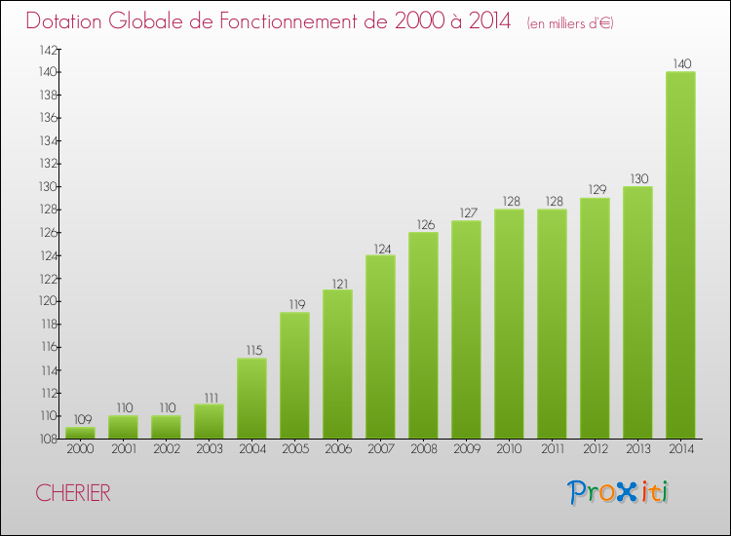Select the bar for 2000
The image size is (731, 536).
(x=80, y=433)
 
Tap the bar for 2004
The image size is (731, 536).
(x=251, y=398)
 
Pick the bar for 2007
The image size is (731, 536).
(x=380, y=347)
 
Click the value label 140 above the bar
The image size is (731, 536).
(x=680, y=64)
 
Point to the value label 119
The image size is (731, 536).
(x=294, y=304)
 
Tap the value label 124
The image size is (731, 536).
(x=380, y=248)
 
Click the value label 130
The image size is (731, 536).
(x=637, y=178)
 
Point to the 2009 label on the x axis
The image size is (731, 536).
(x=466, y=449)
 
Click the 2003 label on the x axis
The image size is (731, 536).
(x=209, y=449)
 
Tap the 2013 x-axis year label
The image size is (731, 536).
(x=637, y=449)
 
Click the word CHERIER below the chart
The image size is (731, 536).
(x=73, y=493)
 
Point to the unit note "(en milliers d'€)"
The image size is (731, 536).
(x=570, y=22)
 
